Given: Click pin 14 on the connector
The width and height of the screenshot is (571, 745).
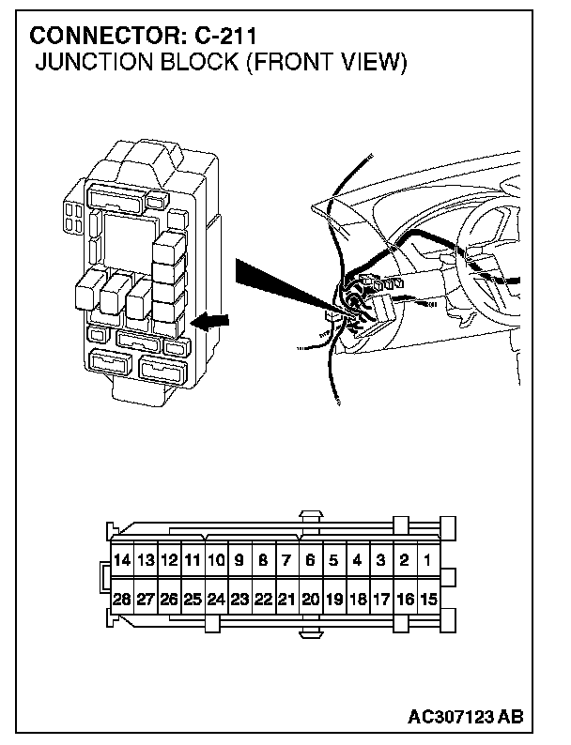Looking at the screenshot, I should [x=121, y=561].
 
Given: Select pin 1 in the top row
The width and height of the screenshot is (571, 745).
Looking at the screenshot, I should [x=427, y=561].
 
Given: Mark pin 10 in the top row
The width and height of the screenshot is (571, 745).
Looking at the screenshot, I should [x=215, y=561].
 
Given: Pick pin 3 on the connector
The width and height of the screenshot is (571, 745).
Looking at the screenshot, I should [x=380, y=561].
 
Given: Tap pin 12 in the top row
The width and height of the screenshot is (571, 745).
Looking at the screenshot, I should [x=168, y=561].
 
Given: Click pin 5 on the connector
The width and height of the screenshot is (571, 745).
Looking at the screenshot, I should [x=333, y=561].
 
